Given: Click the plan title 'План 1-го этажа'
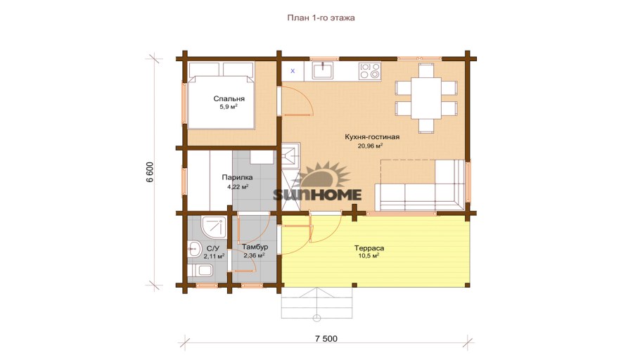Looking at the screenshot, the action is click(321, 18).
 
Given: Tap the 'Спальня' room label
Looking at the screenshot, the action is click(229, 98).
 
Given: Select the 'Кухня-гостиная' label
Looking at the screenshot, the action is click(372, 136).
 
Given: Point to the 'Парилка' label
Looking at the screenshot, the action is click(237, 178).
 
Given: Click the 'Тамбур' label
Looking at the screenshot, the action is click(255, 247).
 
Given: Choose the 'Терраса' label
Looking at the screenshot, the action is click(369, 248).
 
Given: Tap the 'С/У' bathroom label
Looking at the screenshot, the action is click(212, 249).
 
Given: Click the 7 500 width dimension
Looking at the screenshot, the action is click(326, 339).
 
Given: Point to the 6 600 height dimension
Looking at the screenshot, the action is click(151, 172).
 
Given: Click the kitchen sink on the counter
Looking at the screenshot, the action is click(323, 70).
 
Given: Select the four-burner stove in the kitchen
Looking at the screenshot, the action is click(370, 70).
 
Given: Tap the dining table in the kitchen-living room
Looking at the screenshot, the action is click(426, 98).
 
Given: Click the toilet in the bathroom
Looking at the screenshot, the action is click(200, 271).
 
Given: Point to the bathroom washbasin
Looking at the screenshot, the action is click(194, 249).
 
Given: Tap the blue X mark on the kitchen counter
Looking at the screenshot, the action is click(293, 71).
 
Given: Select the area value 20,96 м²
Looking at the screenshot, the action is click(370, 146).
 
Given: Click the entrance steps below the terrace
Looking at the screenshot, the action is click(316, 303).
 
